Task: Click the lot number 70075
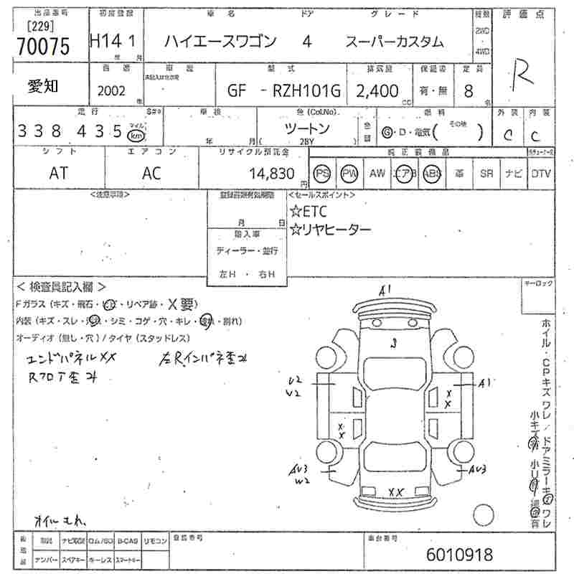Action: point(43,47)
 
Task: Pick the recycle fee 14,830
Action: point(272,173)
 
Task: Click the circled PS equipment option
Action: point(322,173)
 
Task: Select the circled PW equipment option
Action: point(349,173)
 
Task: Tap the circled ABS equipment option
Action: point(431,173)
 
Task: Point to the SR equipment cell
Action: point(486,173)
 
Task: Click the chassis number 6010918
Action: point(459,555)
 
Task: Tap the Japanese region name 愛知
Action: point(43,87)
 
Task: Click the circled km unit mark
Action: point(136,133)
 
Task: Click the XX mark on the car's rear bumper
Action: point(395,491)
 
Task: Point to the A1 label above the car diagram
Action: point(385,291)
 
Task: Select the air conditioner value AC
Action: point(151,173)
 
